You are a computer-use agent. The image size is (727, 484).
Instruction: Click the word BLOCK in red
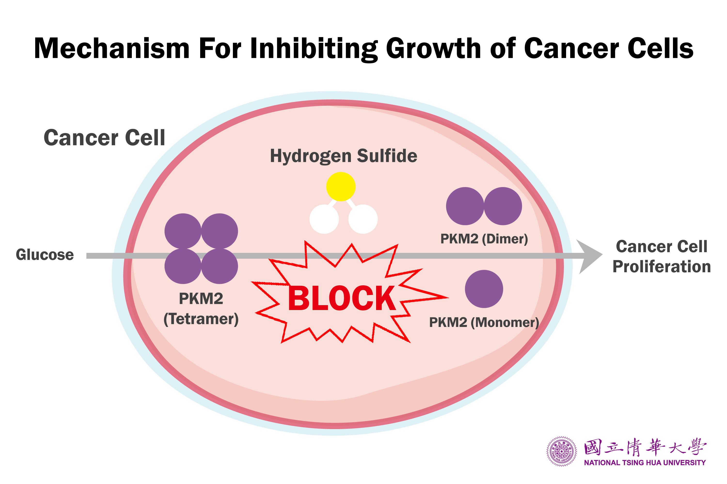(x=341, y=298)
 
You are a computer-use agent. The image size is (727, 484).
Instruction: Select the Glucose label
(x=45, y=255)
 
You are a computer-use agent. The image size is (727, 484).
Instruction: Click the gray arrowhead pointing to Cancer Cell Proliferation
(x=589, y=257)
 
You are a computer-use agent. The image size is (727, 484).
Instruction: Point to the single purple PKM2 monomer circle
(x=484, y=289)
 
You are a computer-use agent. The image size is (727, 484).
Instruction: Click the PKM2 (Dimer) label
(x=484, y=239)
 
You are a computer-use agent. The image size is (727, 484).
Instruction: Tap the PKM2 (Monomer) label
(x=484, y=323)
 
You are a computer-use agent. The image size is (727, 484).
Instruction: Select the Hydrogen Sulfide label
(x=344, y=156)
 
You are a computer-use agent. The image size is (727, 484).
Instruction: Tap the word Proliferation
(x=662, y=267)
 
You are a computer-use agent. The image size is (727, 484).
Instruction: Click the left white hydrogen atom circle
(x=324, y=219)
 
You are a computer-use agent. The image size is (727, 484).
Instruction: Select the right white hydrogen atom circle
(x=363, y=219)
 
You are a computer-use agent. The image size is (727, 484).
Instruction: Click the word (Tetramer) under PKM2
(x=201, y=319)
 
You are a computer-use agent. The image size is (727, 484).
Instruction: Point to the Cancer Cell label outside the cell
(x=104, y=138)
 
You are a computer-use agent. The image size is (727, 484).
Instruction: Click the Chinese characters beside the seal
(x=645, y=447)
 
